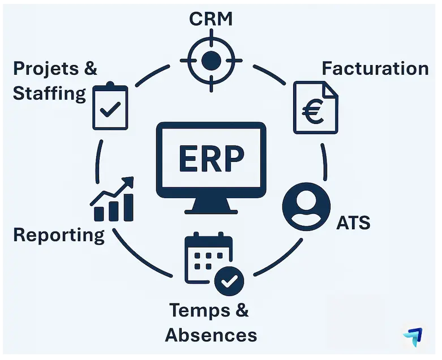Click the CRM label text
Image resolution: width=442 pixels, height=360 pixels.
(x=211, y=19)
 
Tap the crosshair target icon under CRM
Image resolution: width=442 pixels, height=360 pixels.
(x=211, y=59)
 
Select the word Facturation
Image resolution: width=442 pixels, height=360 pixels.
(x=375, y=68)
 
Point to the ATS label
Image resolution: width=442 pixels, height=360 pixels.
(x=353, y=222)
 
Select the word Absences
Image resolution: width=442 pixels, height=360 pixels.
(x=211, y=334)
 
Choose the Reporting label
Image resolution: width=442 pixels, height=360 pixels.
(x=59, y=234)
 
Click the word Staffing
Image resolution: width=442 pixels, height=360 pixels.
(x=49, y=93)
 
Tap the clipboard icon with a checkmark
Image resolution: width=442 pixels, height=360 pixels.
(x=110, y=106)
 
